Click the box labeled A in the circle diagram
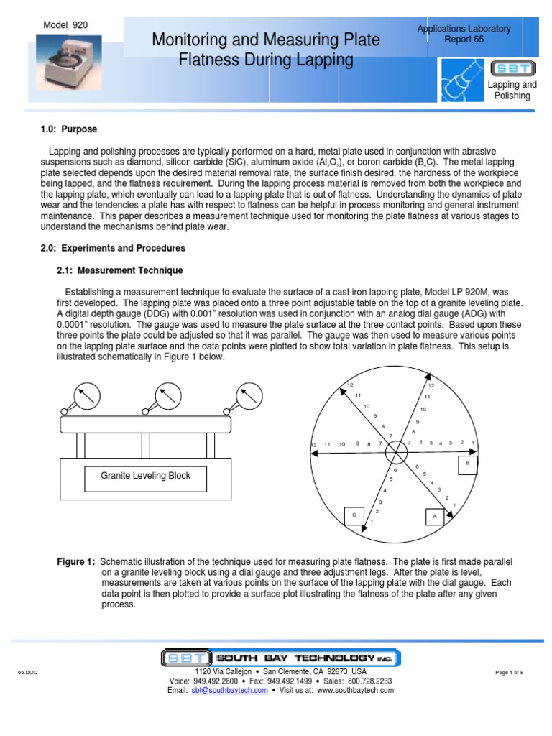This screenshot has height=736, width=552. [x=433, y=516]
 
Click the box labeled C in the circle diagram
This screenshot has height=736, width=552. [x=353, y=515]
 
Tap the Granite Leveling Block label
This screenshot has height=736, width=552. [x=145, y=476]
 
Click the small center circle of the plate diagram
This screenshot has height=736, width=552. [x=395, y=453]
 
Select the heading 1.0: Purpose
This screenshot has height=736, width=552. [x=68, y=129]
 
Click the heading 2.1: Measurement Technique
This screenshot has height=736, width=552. [x=119, y=270]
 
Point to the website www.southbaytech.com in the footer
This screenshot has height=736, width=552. [x=355, y=690]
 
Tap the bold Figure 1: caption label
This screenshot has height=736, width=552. [x=76, y=561]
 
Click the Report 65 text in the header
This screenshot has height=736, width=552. [x=464, y=40]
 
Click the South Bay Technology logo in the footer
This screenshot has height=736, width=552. [x=280, y=658]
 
